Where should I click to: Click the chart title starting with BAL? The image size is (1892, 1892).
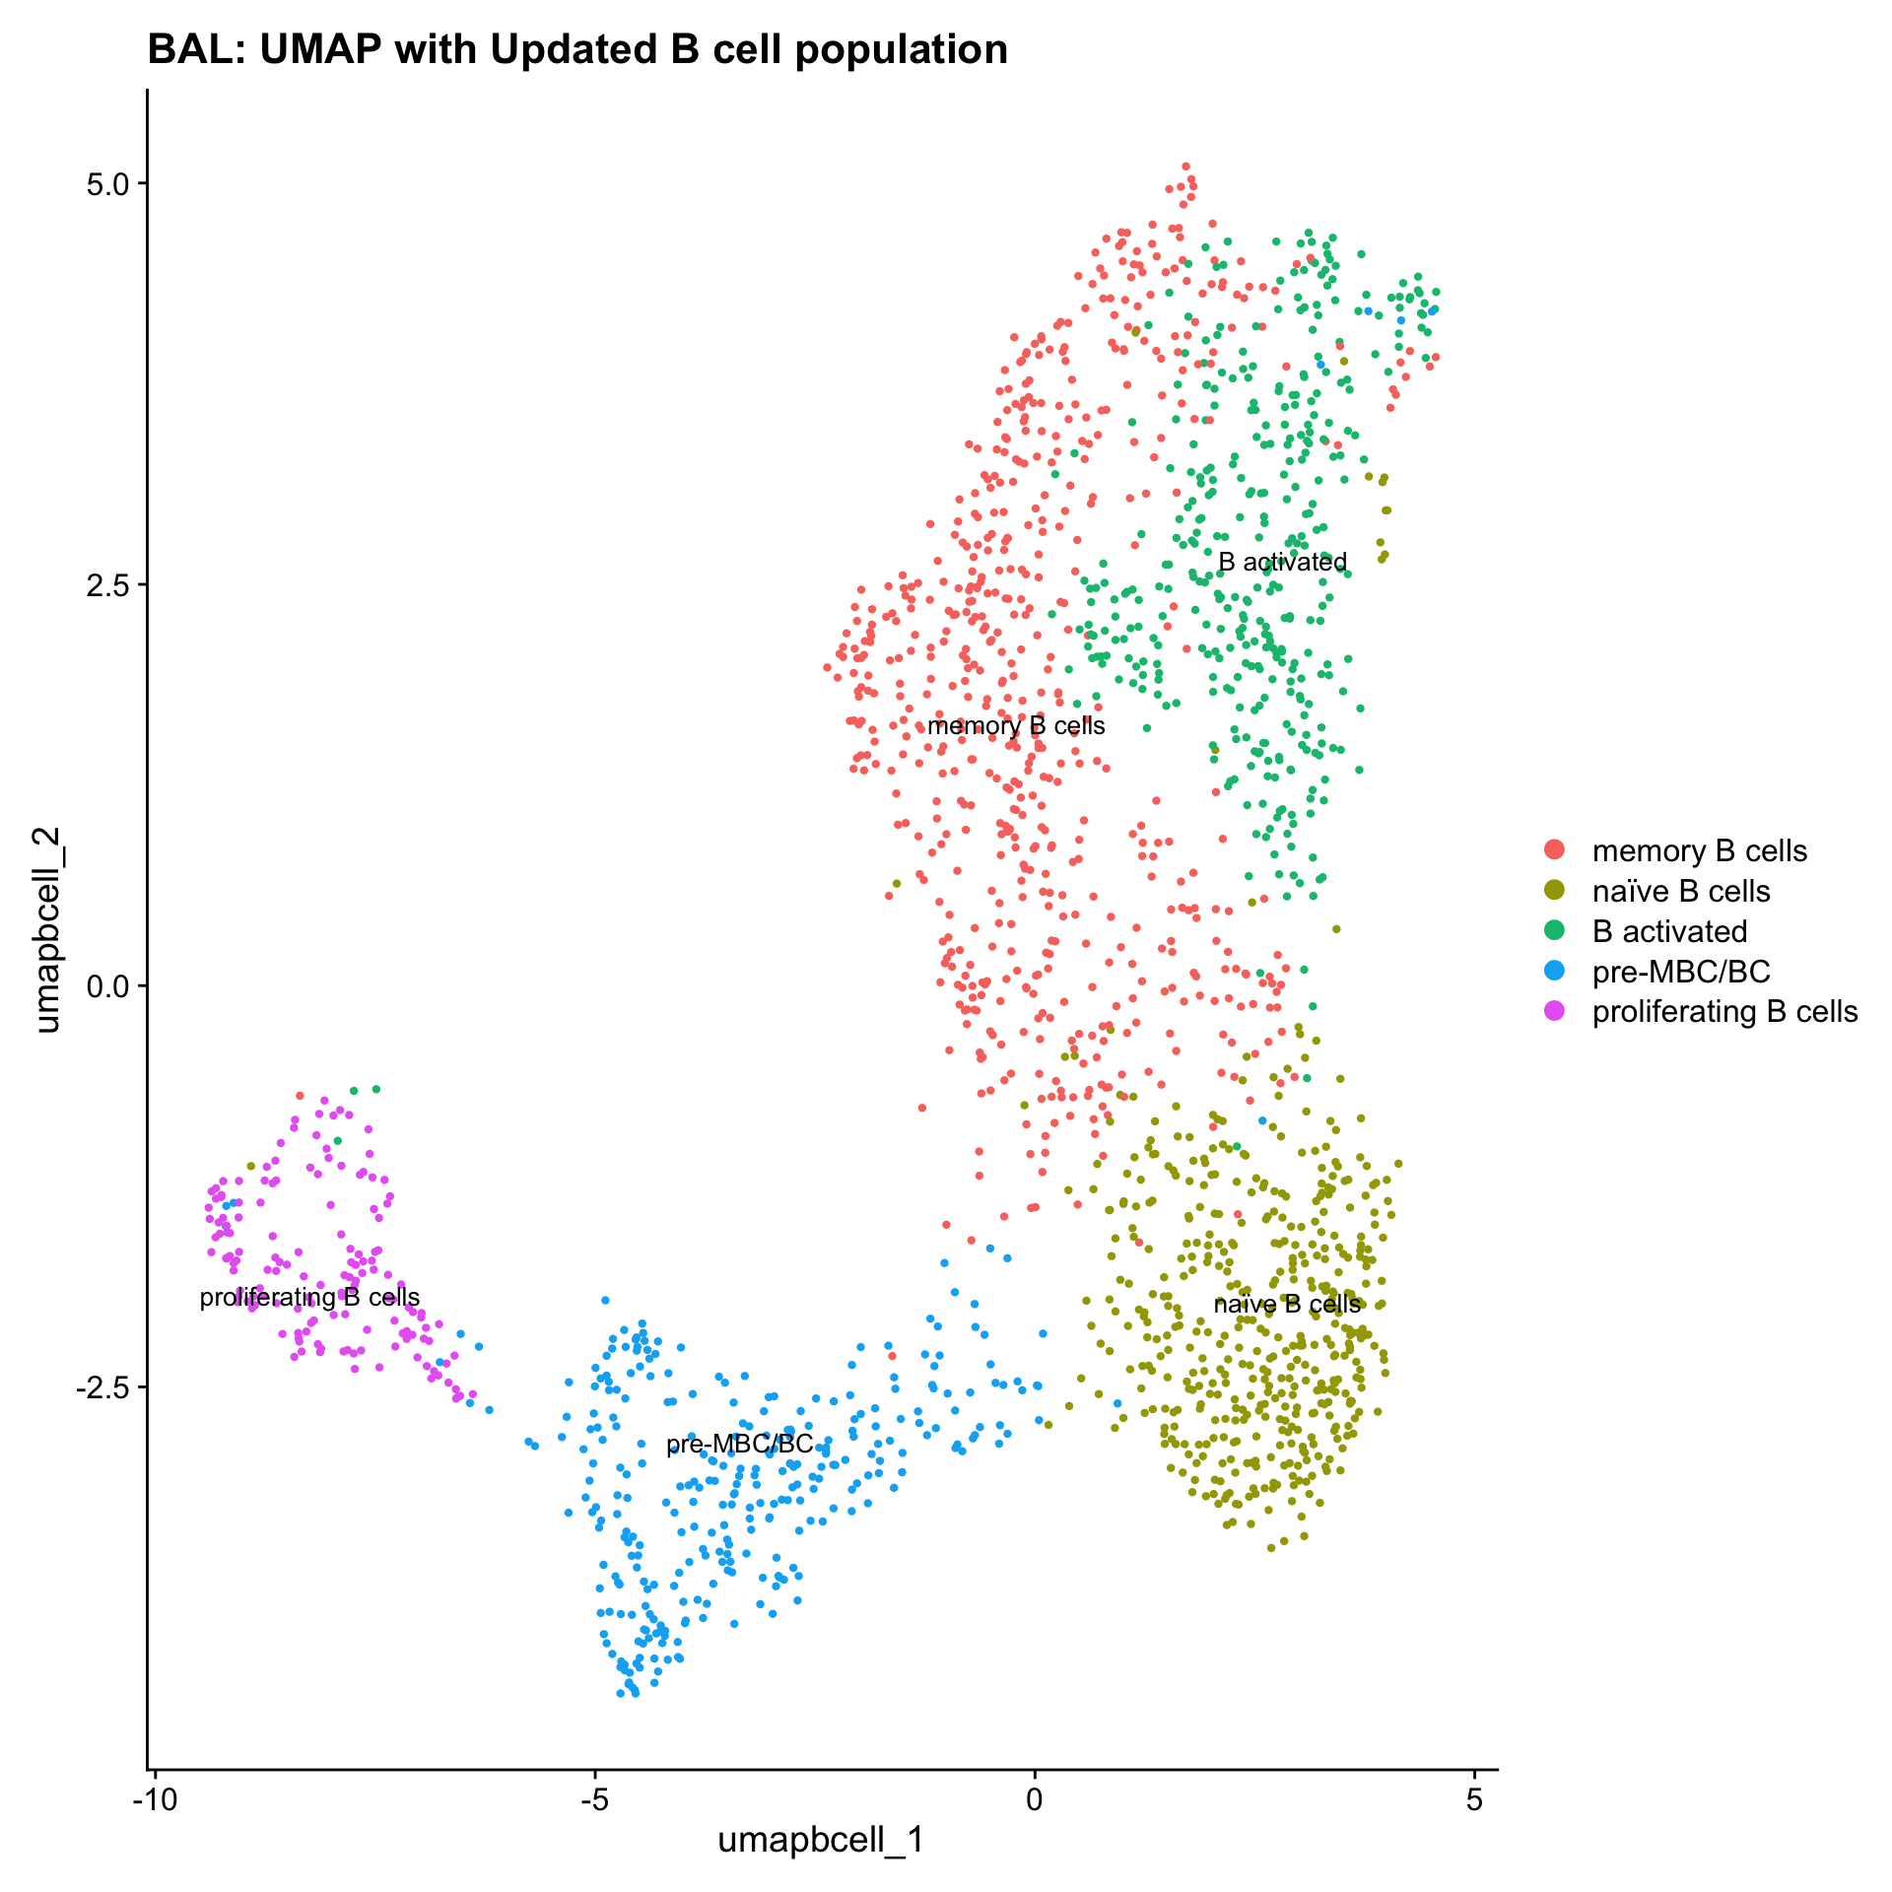point(577,49)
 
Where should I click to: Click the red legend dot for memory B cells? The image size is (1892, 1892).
point(1555,850)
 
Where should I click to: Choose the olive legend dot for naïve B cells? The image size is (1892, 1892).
point(1555,891)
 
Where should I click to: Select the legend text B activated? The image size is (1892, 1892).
point(1669,931)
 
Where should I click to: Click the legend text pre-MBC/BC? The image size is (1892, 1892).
point(1681,972)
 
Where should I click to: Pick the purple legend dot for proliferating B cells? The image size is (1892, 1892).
point(1555,1012)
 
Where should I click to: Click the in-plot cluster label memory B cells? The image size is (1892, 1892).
point(1016,726)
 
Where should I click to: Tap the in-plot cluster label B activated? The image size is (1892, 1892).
point(1282,562)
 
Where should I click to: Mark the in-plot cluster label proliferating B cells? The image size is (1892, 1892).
point(309,1297)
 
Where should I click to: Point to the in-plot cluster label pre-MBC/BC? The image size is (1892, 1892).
point(740,1444)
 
